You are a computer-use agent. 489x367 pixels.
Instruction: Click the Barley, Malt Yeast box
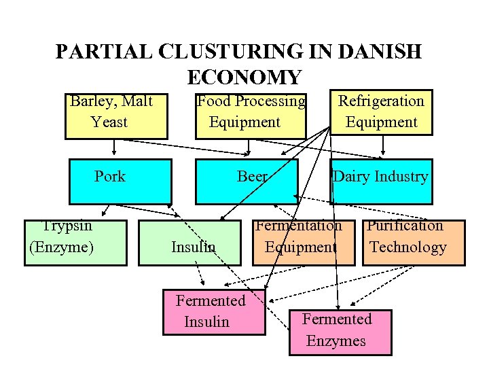[115, 114]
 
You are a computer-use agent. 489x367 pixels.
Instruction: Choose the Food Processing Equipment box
[251, 114]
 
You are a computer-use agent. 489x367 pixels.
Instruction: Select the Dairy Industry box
[380, 181]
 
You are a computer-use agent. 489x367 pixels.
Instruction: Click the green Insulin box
[190, 243]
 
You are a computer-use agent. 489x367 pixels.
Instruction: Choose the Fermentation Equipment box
[304, 242]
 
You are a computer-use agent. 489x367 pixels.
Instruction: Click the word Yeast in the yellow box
[109, 122]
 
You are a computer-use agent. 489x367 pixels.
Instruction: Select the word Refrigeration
[381, 101]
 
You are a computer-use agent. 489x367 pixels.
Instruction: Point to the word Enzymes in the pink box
[336, 341]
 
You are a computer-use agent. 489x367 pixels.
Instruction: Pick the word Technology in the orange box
[408, 247]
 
